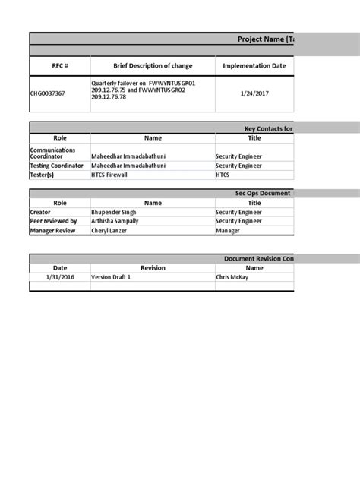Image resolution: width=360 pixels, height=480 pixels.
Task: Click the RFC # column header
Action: [60, 65]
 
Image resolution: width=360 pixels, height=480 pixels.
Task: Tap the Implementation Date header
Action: [254, 65]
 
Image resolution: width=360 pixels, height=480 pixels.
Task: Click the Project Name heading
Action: [265, 39]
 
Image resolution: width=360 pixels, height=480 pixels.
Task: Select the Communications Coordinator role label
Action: [53, 153]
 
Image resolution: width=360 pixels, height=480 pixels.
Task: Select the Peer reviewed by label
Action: [53, 221]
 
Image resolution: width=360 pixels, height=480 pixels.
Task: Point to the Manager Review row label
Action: [52, 230]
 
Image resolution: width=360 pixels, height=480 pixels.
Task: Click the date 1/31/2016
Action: [60, 277]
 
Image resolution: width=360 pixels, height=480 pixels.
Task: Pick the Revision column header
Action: [153, 267]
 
